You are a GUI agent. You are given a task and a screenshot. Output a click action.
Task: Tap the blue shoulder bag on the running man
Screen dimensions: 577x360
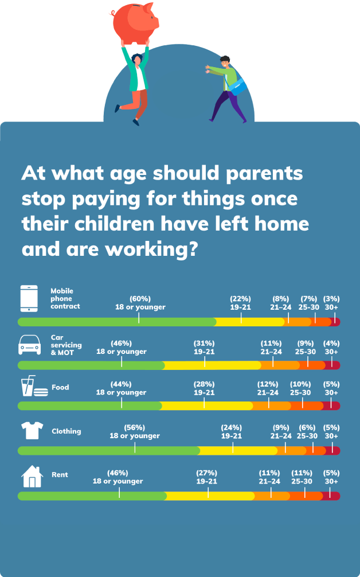click(238, 86)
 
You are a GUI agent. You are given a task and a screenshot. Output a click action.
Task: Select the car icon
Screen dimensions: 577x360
click(29, 345)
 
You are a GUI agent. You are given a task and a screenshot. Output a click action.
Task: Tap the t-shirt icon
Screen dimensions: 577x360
click(32, 430)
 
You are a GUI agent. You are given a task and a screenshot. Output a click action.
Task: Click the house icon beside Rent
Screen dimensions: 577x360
click(32, 476)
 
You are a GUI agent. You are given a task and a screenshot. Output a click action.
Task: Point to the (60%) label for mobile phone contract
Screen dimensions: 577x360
click(140, 299)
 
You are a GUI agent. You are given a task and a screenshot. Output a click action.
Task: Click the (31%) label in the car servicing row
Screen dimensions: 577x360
click(204, 343)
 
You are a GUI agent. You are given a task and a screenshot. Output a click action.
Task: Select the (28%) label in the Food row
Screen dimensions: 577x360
click(204, 384)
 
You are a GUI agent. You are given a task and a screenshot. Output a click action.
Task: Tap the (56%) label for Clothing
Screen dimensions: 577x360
click(135, 427)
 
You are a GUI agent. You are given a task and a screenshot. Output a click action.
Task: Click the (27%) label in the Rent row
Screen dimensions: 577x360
click(207, 473)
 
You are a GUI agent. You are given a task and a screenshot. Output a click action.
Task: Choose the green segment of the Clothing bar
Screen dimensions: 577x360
click(109, 450)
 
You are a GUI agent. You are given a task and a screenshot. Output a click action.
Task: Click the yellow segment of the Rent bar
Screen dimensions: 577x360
click(210, 496)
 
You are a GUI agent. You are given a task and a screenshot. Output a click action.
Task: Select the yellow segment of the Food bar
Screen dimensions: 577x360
click(207, 406)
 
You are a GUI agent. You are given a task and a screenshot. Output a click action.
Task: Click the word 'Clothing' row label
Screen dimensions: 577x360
click(66, 431)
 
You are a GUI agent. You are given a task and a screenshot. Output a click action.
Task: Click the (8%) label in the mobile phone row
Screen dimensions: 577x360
click(281, 299)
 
